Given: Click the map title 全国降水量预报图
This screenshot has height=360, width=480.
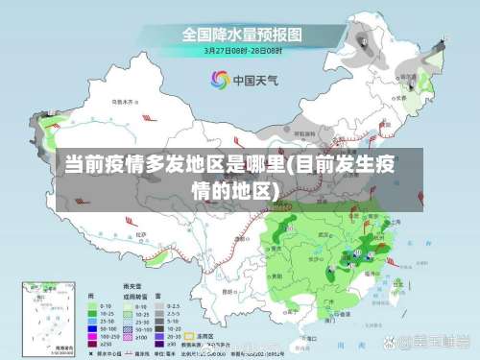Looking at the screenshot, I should pyautogui.click(x=242, y=35).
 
